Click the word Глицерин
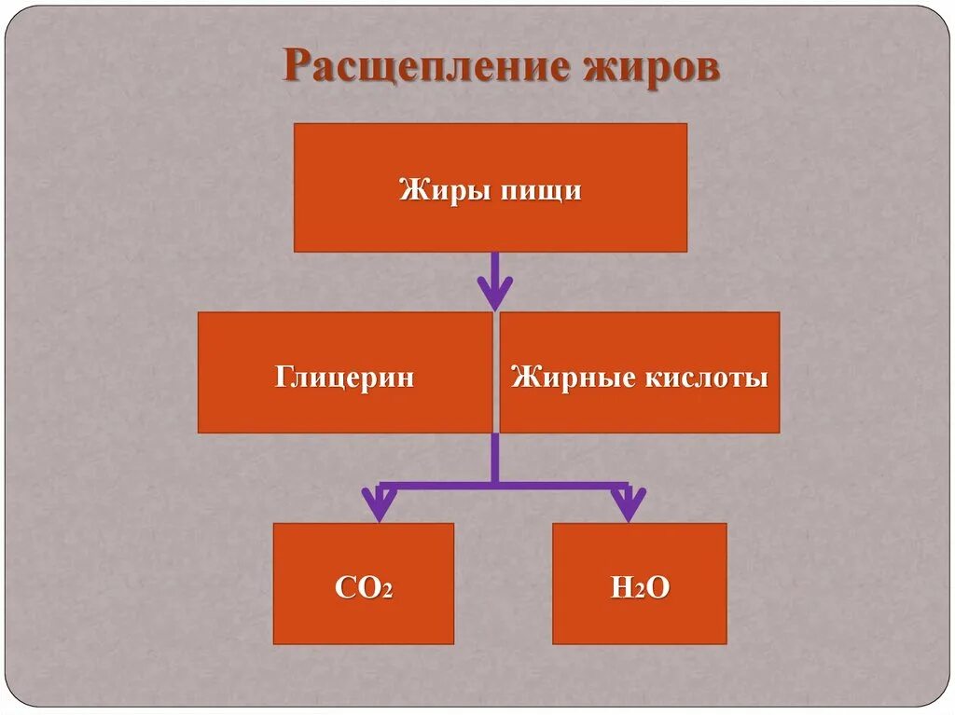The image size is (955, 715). pos(344,378)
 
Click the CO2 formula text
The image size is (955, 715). pos(363,588)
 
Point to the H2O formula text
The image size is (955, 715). pos(639,588)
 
